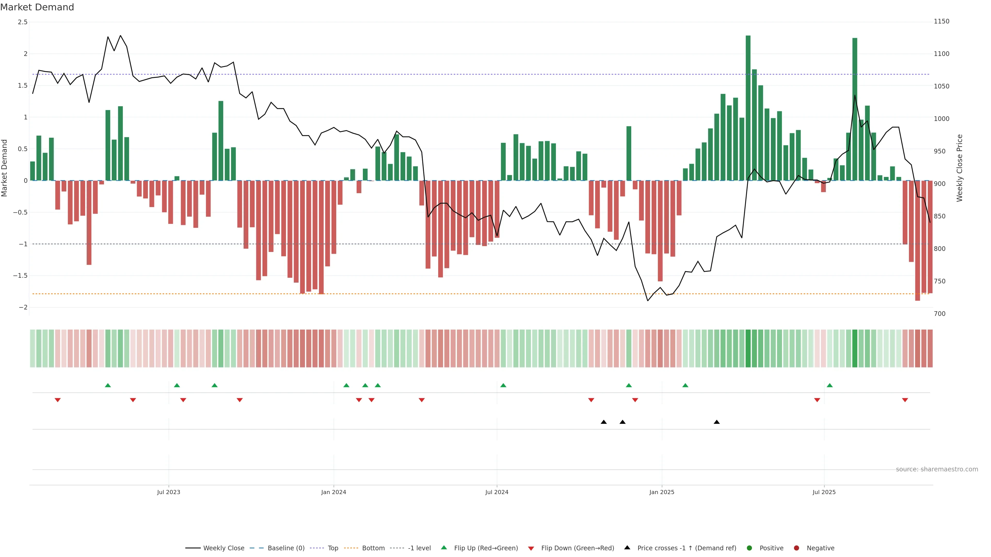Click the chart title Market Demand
[x=37, y=7]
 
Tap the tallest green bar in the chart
[x=748, y=108]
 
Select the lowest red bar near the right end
[x=917, y=240]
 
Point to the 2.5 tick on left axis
[x=23, y=22]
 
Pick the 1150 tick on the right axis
[x=941, y=21]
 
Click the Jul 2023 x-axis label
[x=169, y=492]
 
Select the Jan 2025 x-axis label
[x=662, y=492]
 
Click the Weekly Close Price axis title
[x=960, y=168]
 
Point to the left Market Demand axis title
[x=5, y=168]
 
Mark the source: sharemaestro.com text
[x=937, y=469]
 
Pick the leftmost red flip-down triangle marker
[x=58, y=400]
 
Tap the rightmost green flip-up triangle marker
[x=830, y=385]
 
